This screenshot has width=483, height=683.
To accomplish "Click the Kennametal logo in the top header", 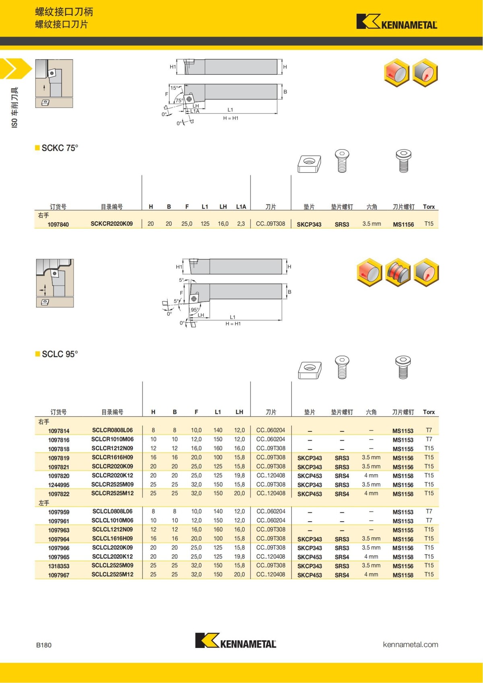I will (x=396, y=22).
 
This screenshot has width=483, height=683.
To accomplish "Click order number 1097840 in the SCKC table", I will (x=58, y=224).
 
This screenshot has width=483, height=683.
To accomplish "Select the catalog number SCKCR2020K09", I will (x=111, y=224).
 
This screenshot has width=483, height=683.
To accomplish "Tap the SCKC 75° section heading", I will (x=60, y=148).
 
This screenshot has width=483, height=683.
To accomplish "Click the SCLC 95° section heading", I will (x=60, y=354).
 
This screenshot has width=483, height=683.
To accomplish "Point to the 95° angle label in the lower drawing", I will (x=195, y=310).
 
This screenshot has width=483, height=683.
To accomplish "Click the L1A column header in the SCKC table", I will (x=241, y=206).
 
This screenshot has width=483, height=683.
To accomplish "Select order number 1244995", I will (x=59, y=485).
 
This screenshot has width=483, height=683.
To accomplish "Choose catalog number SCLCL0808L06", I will (x=112, y=511).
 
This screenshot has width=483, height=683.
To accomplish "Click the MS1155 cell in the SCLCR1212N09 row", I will (x=403, y=449).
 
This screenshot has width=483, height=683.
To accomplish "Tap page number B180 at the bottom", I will (x=44, y=645).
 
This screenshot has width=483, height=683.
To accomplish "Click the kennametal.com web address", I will (x=411, y=644).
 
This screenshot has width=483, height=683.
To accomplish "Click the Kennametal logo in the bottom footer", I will (x=235, y=641).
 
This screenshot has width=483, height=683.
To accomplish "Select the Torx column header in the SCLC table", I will (x=429, y=412).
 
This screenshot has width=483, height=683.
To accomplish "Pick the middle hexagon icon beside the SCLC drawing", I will (x=398, y=272).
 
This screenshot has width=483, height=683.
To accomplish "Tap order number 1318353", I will (x=59, y=566).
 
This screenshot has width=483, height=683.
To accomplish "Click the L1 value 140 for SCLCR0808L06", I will (x=218, y=430).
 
